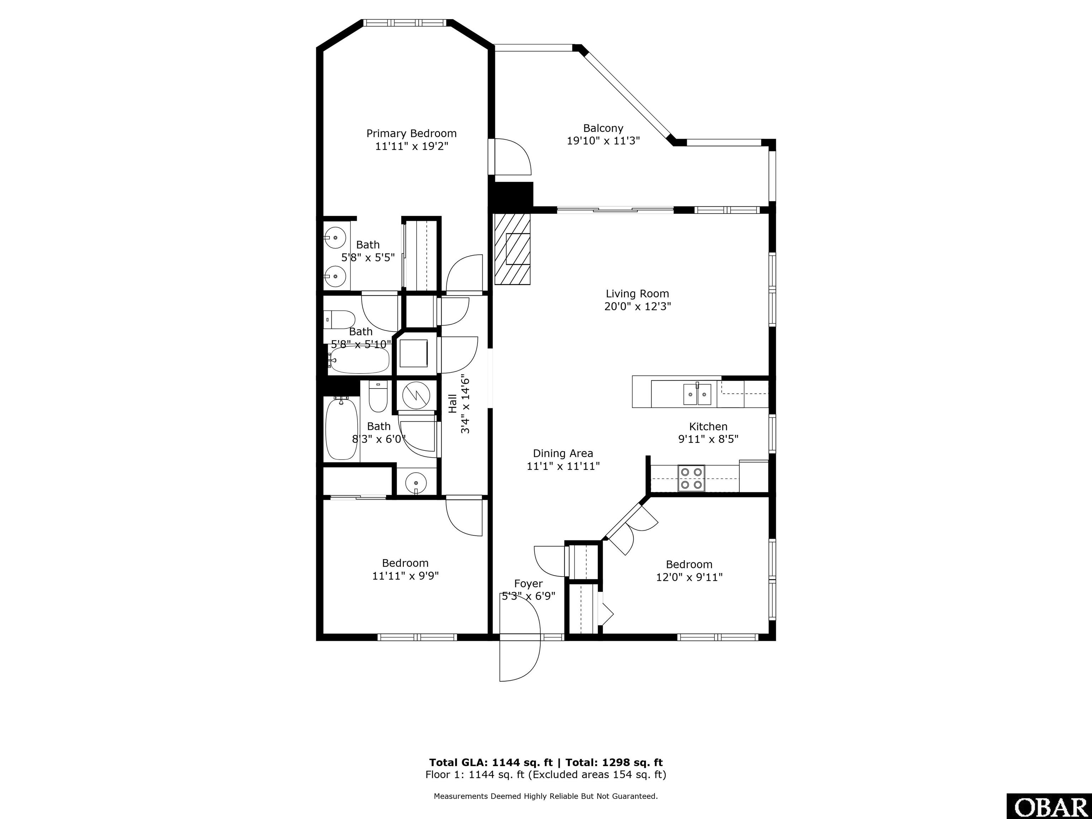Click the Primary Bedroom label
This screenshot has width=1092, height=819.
411,133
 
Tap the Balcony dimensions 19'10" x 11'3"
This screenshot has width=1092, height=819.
603,141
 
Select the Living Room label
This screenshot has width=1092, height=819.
637,294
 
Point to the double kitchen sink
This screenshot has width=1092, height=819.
697,394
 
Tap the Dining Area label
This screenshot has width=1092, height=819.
563,453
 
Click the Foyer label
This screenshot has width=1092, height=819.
528,584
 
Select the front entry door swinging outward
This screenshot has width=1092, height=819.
519,660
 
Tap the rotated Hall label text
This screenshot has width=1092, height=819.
452,403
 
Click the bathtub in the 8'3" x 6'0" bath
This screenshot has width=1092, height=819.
342,428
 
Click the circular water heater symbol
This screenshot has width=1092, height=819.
416,395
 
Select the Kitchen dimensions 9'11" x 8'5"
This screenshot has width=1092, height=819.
708,439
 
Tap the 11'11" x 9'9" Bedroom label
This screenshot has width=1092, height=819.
405,563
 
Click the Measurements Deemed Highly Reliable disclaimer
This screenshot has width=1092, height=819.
546,796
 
